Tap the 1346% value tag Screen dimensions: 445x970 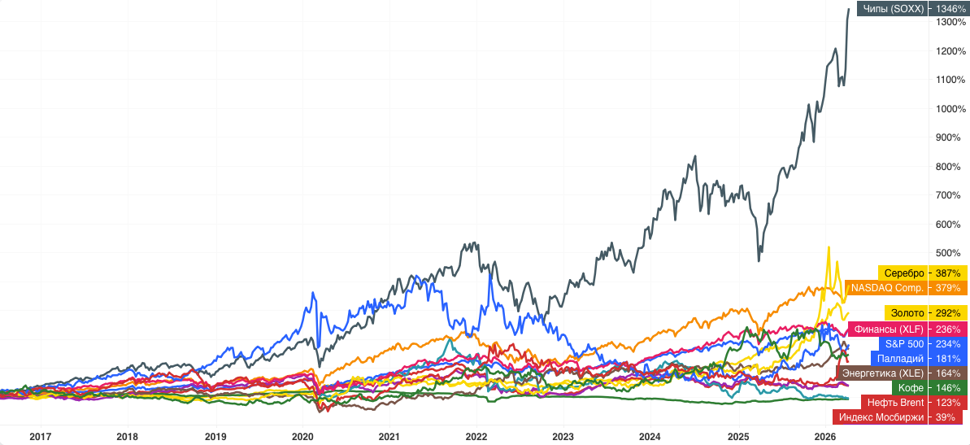[x=950, y=8]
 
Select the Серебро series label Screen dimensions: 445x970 [x=903, y=273]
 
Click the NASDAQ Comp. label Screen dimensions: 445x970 [x=887, y=287]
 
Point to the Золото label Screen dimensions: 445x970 [x=907, y=312]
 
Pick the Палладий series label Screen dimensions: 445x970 [x=899, y=359]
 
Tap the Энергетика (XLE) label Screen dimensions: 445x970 [x=882, y=373]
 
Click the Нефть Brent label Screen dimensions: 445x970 [x=895, y=403]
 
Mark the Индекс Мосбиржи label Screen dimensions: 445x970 [x=881, y=417]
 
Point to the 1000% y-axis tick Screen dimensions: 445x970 [x=950, y=109]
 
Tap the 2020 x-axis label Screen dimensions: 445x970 [x=302, y=436]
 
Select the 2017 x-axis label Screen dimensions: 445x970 [x=41, y=436]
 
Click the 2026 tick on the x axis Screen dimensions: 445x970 [x=824, y=436]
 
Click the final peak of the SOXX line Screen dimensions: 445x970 [x=849, y=9]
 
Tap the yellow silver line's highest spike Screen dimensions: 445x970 [x=828, y=247]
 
